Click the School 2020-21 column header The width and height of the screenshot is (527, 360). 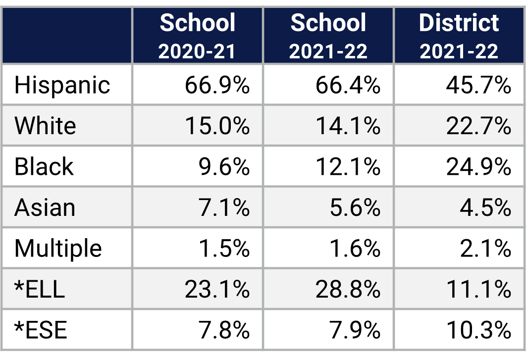pyautogui.click(x=197, y=36)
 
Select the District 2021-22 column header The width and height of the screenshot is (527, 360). pyautogui.click(x=459, y=36)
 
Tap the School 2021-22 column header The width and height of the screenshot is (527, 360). pyautogui.click(x=328, y=36)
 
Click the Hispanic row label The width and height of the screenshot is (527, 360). pyautogui.click(x=62, y=85)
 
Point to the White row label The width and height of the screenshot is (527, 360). pyautogui.click(x=46, y=126)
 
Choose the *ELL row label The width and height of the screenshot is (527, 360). pyautogui.click(x=40, y=289)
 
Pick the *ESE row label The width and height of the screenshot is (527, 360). pyautogui.click(x=41, y=330)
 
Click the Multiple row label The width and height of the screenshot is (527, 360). pyautogui.click(x=58, y=248)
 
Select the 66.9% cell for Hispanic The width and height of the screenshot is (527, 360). pyautogui.click(x=217, y=85)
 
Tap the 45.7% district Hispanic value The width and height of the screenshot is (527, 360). pyautogui.click(x=478, y=85)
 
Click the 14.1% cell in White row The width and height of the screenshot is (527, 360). pyautogui.click(x=348, y=126)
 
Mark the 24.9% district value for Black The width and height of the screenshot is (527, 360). pyautogui.click(x=478, y=167)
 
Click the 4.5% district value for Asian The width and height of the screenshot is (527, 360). pyautogui.click(x=485, y=207)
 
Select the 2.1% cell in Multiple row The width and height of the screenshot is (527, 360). pyautogui.click(x=485, y=248)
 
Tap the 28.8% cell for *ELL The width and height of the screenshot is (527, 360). pyautogui.click(x=348, y=289)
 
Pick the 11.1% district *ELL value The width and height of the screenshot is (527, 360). pyautogui.click(x=478, y=289)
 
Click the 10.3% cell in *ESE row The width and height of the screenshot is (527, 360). pyautogui.click(x=478, y=330)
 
